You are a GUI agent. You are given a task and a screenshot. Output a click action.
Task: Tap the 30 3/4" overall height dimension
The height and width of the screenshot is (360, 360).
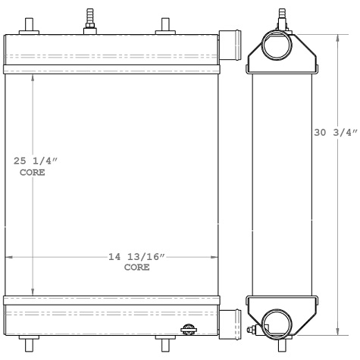point(334,133)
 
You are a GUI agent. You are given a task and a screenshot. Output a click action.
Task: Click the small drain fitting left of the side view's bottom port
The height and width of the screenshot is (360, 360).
point(252,329)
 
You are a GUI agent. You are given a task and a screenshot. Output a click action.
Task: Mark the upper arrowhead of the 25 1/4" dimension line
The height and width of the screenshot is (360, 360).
point(33,78)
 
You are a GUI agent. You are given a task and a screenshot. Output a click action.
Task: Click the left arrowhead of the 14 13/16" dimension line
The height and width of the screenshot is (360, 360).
point(11,257)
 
